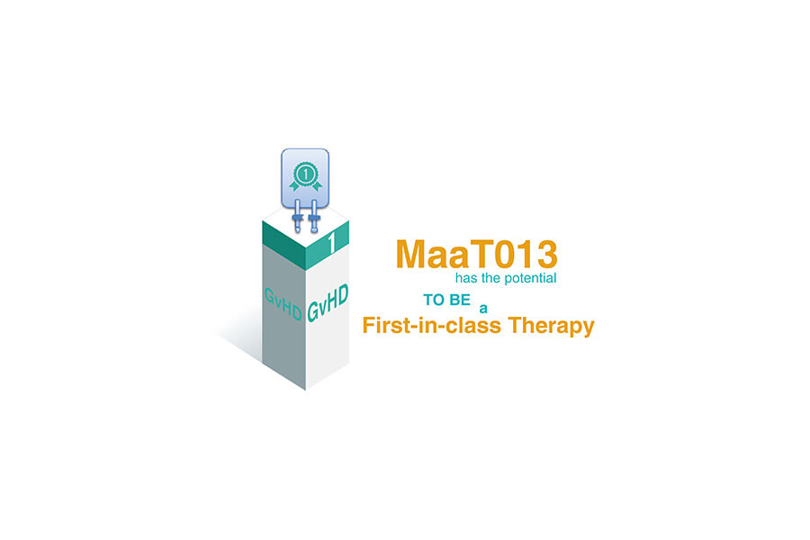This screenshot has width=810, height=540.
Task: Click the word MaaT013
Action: [476, 254]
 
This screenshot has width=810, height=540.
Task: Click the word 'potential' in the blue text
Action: [530, 278]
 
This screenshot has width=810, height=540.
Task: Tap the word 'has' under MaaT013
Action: [466, 278]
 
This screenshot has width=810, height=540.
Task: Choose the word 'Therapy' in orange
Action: [549, 326]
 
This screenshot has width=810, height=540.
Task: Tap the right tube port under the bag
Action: [314, 218]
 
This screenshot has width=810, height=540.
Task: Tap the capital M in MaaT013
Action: [412, 254]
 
